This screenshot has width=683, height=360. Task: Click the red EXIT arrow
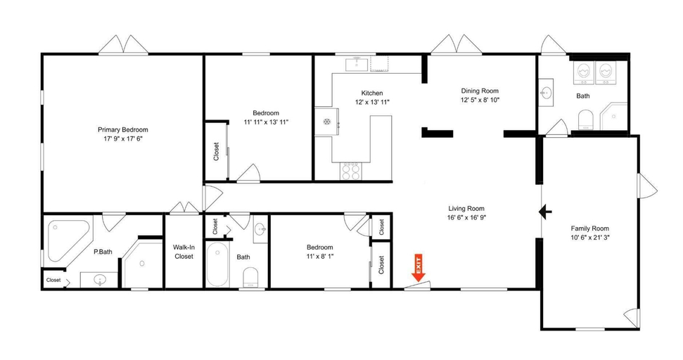(x=419, y=267)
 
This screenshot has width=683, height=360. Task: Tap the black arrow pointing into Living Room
(x=545, y=212)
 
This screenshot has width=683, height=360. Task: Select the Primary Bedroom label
(x=123, y=129)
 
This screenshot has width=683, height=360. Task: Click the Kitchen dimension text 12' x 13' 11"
(x=372, y=102)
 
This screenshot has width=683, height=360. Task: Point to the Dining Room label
(x=480, y=91)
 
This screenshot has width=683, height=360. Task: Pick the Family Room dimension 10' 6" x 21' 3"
(x=589, y=238)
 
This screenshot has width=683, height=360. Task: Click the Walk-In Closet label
(x=184, y=252)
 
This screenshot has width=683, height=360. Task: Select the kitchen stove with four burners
(x=351, y=171)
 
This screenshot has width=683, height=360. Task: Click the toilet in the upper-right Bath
(x=585, y=120)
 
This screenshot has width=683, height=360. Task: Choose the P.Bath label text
(x=103, y=252)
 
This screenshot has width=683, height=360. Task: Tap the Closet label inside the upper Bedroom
(x=216, y=151)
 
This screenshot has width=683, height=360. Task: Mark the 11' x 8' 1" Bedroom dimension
(x=319, y=257)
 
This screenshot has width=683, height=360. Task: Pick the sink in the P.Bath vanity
(x=100, y=279)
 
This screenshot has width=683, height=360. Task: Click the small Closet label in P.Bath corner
(x=53, y=280)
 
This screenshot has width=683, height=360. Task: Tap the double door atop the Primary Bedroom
(x=123, y=45)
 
